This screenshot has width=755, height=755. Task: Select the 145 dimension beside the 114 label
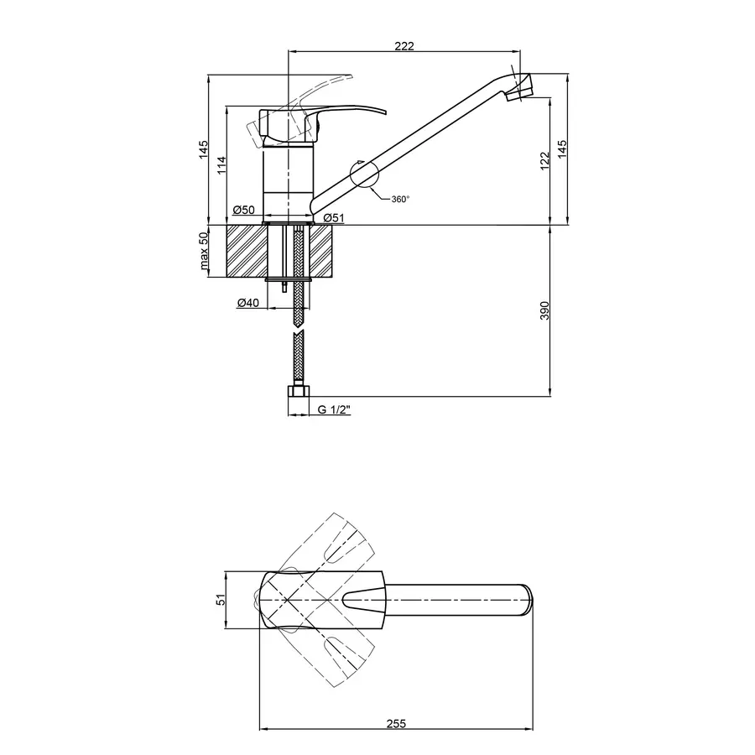tap(203, 150)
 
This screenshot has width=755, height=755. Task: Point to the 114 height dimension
tap(222, 164)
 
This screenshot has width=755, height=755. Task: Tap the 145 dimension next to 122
tap(564, 150)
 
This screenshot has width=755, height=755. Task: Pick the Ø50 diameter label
tap(244, 209)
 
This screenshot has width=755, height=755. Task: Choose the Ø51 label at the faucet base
tap(334, 218)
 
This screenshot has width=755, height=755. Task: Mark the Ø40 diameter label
tap(247, 303)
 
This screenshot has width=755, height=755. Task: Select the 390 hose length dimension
tap(544, 310)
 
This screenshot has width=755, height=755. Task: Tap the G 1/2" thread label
tap(334, 410)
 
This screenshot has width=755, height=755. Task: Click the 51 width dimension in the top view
tap(222, 599)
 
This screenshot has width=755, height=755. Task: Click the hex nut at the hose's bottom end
tap(298, 391)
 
